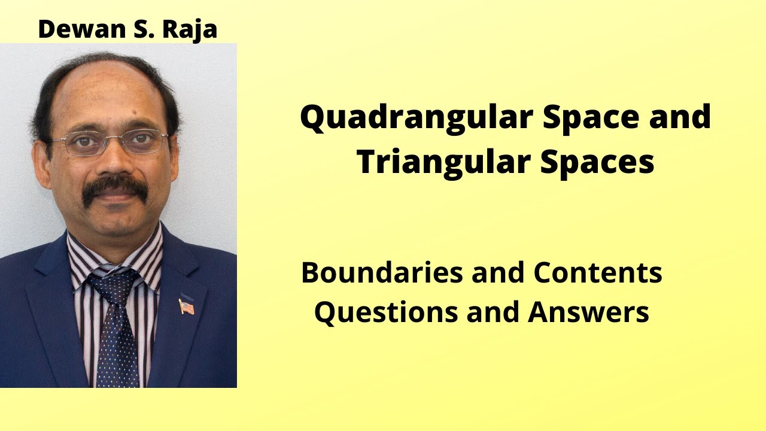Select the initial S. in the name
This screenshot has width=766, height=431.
141,29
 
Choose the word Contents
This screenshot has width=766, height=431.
598,273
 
